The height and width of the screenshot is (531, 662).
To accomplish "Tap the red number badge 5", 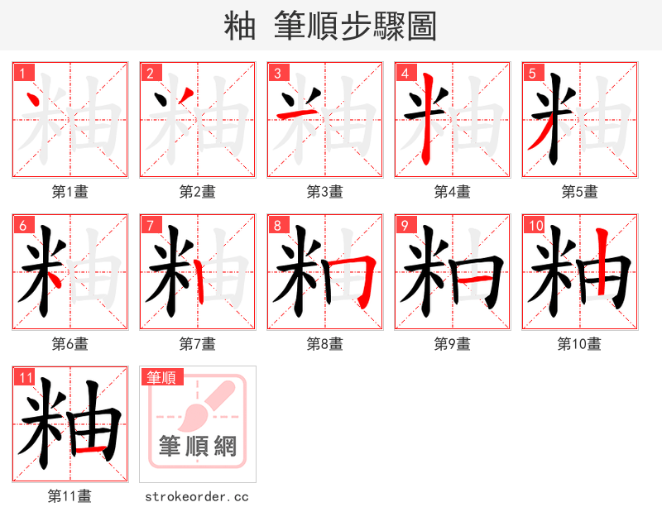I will [532, 73].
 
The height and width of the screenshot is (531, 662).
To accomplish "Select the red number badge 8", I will [277, 225].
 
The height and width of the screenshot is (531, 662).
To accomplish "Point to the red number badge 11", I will [25, 378].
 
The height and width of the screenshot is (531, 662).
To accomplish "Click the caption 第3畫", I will [324, 192].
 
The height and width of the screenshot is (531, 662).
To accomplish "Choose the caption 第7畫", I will [197, 344].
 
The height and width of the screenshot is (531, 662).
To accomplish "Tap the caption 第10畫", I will [579, 344].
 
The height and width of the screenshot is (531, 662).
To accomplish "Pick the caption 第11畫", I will [70, 496].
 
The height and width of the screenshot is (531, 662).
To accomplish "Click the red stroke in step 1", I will [35, 103].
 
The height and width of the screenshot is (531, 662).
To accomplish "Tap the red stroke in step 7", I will [200, 281].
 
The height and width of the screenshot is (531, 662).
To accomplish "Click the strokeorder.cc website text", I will [197, 497].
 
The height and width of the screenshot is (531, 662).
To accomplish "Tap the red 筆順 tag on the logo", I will [161, 378].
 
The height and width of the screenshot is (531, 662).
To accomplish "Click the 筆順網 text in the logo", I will [198, 446].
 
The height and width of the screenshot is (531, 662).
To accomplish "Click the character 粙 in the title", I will [239, 26].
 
